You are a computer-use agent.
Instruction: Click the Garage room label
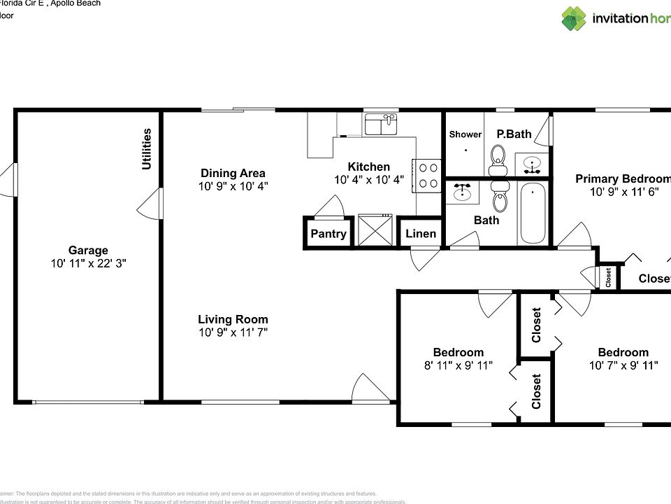pos(88,250)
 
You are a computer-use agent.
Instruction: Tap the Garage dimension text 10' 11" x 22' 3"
pos(88,263)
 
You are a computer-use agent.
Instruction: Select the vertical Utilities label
pos(147,148)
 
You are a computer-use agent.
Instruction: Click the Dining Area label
pos(233,173)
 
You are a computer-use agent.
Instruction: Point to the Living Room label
pos(233,319)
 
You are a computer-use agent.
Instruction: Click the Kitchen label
pos(368,167)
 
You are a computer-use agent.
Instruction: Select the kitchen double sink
pos(380,125)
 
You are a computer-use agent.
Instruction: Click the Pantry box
pos(328,234)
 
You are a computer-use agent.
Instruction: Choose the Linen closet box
pos(421,234)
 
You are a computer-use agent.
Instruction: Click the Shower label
pos(465,134)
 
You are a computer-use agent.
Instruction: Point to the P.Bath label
pos(514,134)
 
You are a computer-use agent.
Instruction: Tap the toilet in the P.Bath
pos(498,159)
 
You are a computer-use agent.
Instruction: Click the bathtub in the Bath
pos(533,212)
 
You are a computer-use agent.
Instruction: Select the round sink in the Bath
pos(463,191)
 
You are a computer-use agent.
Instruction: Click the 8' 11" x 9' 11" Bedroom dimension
pos(458,365)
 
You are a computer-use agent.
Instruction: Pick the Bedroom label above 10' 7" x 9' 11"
pos(623,352)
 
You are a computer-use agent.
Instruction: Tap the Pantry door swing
pos(329,206)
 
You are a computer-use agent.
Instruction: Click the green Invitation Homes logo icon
pos(574,19)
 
